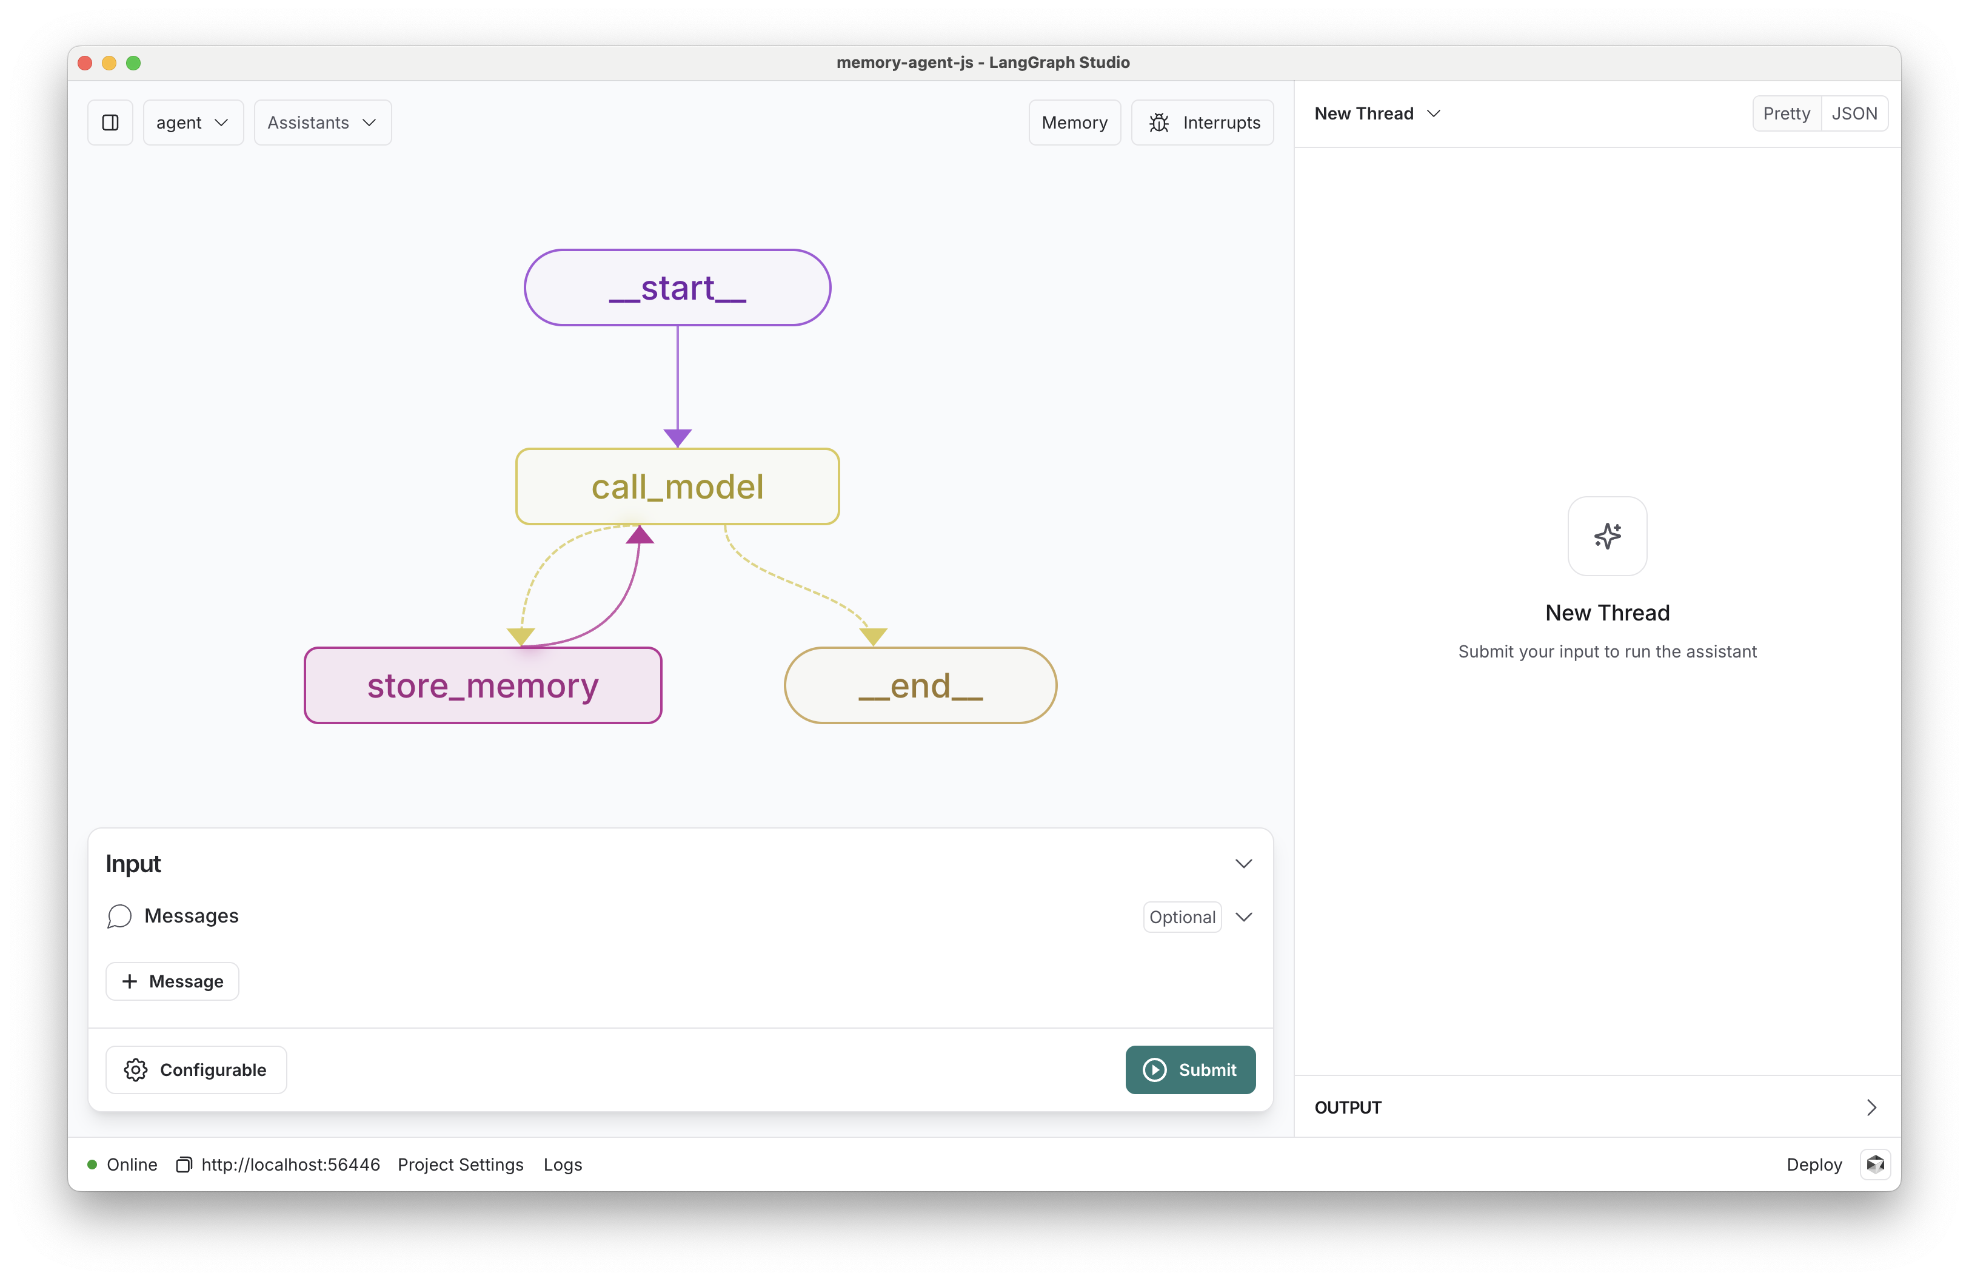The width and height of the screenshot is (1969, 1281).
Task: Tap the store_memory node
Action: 483,685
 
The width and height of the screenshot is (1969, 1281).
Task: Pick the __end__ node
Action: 920,685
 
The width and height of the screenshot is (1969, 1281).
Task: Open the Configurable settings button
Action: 196,1069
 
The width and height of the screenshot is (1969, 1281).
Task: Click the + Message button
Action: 172,981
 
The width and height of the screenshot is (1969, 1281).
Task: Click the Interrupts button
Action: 1202,123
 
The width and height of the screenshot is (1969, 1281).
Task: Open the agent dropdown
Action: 193,123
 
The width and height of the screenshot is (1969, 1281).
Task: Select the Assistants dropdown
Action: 323,123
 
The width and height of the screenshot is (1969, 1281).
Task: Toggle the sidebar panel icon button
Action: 110,123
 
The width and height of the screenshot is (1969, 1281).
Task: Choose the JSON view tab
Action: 1854,113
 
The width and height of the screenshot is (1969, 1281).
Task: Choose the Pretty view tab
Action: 1786,113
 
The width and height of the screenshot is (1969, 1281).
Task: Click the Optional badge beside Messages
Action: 1182,917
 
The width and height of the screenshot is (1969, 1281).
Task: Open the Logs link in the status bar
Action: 563,1165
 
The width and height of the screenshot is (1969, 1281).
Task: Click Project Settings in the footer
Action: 460,1165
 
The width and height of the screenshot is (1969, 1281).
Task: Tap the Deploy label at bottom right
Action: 1813,1165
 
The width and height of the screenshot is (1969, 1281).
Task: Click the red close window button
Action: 84,63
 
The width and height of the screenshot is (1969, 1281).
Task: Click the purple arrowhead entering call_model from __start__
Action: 678,438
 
